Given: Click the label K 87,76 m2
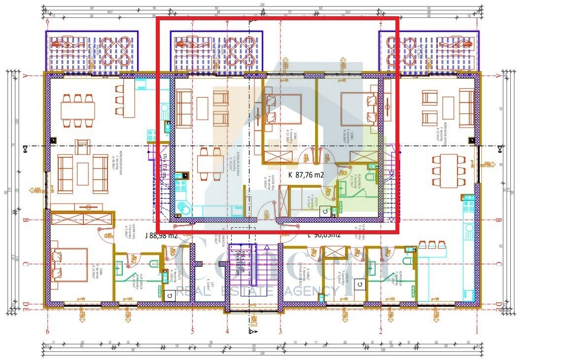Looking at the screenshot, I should coord(306,175).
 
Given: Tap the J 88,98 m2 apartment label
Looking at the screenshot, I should coord(161,235).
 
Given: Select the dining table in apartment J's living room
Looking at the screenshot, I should coord(78,106).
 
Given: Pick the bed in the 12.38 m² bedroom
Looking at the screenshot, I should coord(284,109).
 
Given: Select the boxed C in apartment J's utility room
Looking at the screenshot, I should coord(170,295).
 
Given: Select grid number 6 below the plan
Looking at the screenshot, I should coord(47,331).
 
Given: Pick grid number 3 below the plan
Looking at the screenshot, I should coord(281,331).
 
